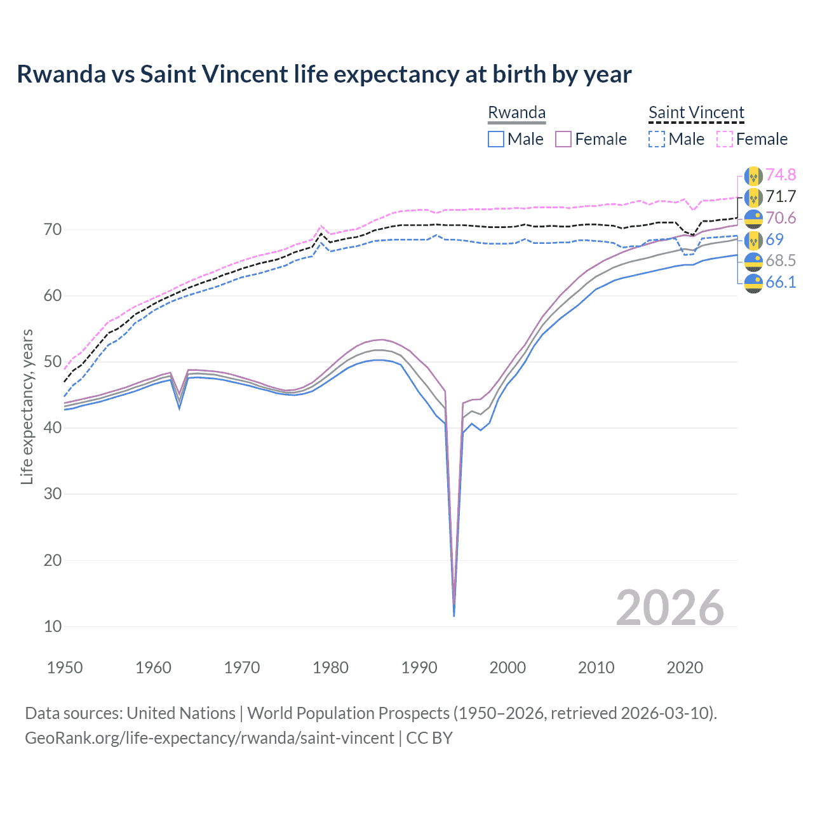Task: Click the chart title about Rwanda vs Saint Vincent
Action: pos(324,74)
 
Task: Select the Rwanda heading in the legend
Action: pos(516,113)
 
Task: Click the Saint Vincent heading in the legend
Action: pos(696,113)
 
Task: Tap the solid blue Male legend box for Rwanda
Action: pos(496,139)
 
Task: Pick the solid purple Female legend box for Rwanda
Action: pos(563,139)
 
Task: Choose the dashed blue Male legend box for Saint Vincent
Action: pos(657,139)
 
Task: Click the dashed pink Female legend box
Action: pos(725,139)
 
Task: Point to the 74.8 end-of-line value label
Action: pos(781,175)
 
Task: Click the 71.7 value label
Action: pos(781,196)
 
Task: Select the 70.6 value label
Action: pos(781,218)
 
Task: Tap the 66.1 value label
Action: pos(781,282)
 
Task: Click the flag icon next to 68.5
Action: pos(753,261)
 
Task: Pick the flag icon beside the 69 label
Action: pos(753,239)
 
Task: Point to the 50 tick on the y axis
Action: pos(53,362)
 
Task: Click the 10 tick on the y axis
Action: pos(53,626)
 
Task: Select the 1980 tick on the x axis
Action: pos(330,668)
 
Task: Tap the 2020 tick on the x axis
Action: pos(685,668)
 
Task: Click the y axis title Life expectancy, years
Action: pos(27,406)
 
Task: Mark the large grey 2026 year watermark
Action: pos(669,608)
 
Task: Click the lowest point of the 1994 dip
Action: pos(454,615)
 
